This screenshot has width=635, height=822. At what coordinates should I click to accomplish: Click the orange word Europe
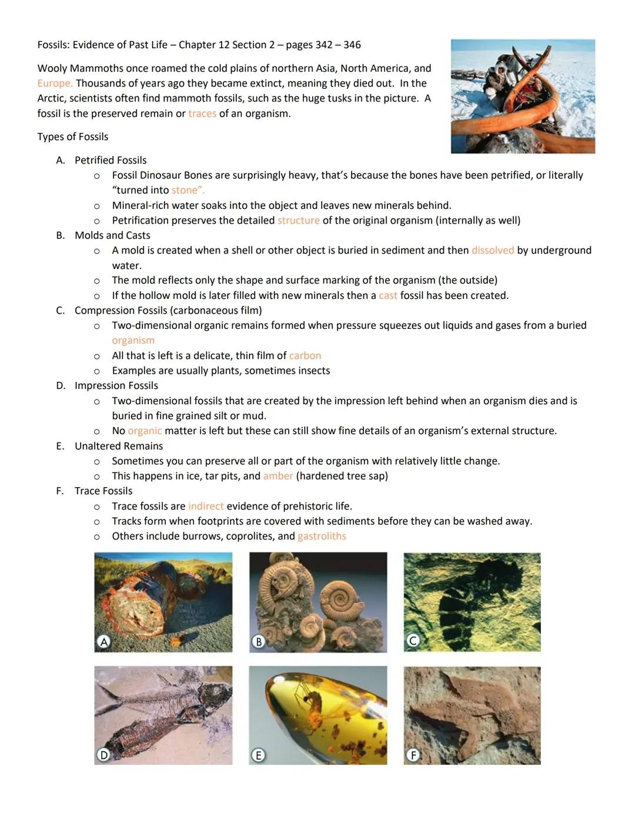(x=55, y=84)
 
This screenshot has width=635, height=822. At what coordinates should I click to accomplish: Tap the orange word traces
(x=202, y=114)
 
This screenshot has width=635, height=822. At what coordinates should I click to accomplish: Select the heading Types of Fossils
(x=73, y=137)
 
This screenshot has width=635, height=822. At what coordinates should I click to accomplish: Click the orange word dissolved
(x=493, y=250)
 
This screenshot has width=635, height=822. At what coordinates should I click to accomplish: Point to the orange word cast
(x=388, y=295)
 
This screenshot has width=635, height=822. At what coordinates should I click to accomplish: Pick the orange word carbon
(x=305, y=355)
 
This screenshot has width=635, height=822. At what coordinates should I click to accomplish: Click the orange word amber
(x=278, y=476)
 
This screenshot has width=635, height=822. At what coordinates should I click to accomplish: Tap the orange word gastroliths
(x=322, y=536)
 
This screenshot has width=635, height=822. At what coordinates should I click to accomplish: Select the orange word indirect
(x=206, y=506)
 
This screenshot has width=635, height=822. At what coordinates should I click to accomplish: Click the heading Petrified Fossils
(x=111, y=160)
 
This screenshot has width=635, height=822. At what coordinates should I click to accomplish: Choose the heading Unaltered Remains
(x=119, y=446)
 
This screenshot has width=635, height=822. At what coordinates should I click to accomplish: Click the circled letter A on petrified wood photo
(x=104, y=642)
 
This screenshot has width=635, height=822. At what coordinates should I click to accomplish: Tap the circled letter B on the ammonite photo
(x=258, y=642)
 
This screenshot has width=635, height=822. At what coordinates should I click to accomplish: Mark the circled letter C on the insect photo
(x=413, y=641)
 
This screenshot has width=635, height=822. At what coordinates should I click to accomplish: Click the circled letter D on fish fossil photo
(x=103, y=755)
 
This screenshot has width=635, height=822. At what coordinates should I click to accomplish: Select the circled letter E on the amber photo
(x=258, y=755)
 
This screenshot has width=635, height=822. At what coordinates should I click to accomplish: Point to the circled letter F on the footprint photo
(x=413, y=755)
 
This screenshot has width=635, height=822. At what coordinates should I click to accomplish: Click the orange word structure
(x=299, y=221)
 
